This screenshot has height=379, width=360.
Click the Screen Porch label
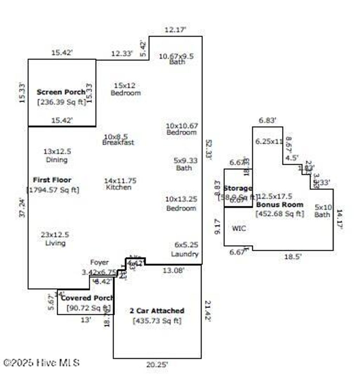[x=61, y=92]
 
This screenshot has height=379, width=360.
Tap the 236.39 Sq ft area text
[x=62, y=102]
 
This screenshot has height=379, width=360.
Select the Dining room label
[x=57, y=160]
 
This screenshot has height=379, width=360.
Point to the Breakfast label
[x=118, y=143]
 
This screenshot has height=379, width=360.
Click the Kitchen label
[x=119, y=187]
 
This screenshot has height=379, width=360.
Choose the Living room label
[x=55, y=243]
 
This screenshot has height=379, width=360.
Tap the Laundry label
[x=185, y=254]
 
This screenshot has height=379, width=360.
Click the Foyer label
[x=99, y=262]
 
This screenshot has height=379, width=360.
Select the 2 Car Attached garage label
[x=157, y=311]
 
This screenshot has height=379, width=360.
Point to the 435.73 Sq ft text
[x=157, y=321]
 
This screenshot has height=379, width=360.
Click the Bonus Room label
[x=280, y=204]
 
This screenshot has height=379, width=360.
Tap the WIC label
[x=239, y=228]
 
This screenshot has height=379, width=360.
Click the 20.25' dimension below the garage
[x=157, y=365]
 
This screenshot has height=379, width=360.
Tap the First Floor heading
[x=52, y=180]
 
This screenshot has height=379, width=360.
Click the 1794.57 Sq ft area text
[x=53, y=190]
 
